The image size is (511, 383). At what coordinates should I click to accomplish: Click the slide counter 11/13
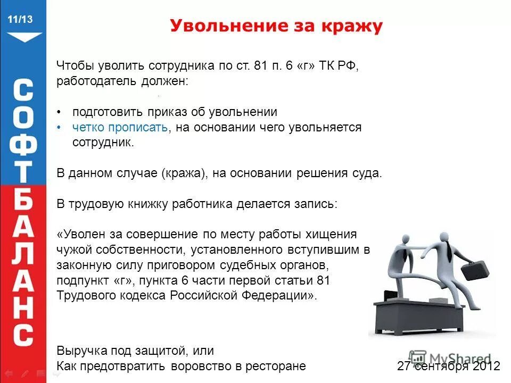coord(20,20)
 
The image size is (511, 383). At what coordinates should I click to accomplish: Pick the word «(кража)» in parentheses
coord(184,174)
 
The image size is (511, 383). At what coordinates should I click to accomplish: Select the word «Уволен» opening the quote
coord(84,235)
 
